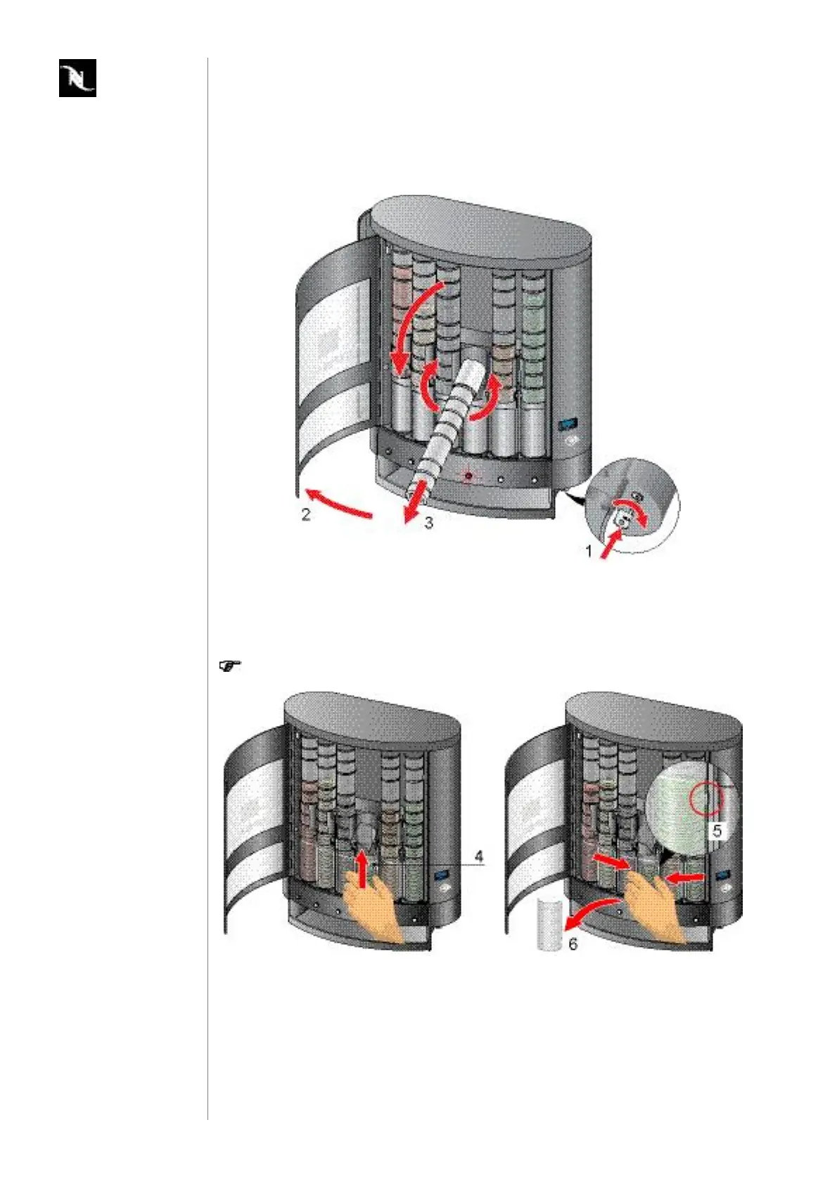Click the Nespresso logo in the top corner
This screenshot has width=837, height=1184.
77,78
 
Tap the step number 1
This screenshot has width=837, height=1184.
589,551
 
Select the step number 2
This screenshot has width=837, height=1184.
306,514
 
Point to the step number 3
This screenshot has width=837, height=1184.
428,523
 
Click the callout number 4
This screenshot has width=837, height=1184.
479,856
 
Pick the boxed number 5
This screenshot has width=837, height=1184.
717,832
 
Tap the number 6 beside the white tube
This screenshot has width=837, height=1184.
573,943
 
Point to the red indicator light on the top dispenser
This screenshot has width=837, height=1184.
468,476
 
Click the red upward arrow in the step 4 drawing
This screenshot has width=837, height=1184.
362,870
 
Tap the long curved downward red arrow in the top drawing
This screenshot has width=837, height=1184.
419,324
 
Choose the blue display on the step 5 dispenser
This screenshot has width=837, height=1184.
722,877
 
